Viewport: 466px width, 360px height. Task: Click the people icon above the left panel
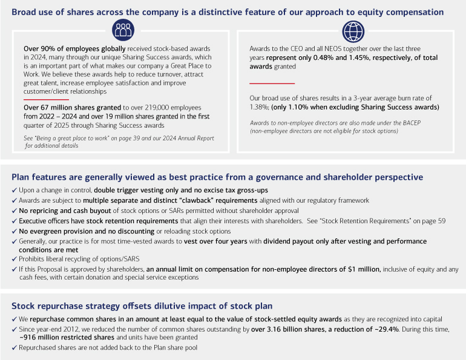tap(122, 30)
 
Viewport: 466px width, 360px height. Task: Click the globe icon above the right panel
tap(353, 30)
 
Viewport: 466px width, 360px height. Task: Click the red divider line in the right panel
tap(272, 83)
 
